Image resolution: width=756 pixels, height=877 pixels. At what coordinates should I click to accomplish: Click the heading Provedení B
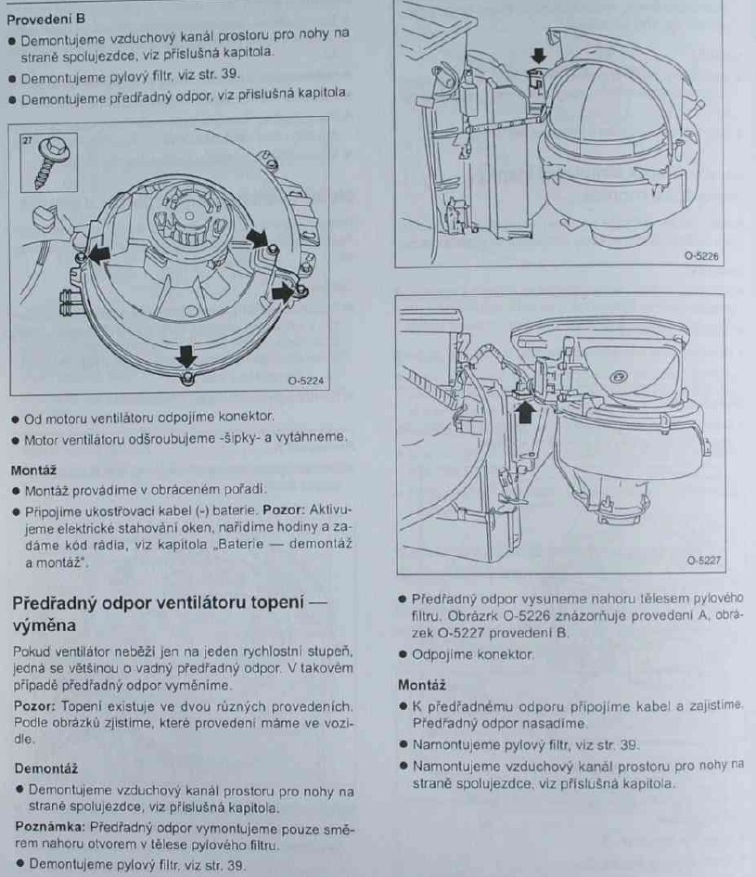(45, 19)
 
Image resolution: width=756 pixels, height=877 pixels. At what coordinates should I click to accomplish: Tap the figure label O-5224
(306, 380)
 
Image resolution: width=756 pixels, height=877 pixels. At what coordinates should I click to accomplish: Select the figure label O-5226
(701, 255)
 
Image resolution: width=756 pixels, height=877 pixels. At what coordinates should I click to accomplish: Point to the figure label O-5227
(703, 560)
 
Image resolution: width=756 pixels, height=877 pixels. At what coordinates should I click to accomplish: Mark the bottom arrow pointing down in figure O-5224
(186, 356)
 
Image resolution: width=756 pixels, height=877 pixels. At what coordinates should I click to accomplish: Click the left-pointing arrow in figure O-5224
(98, 255)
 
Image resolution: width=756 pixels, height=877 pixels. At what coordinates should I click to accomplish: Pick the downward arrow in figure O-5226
(539, 56)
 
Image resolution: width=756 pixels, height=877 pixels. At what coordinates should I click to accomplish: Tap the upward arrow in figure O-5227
(524, 413)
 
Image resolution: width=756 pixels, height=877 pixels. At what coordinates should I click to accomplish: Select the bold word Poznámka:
(50, 827)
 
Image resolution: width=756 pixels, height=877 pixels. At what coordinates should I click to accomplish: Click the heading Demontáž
(45, 768)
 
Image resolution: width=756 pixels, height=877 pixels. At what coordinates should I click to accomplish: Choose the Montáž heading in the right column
(422, 685)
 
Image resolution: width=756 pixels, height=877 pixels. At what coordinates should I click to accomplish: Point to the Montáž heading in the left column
(33, 470)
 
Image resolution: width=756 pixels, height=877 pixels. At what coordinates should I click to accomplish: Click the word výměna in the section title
(44, 626)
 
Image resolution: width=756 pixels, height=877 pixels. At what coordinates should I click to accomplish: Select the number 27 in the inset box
(27, 140)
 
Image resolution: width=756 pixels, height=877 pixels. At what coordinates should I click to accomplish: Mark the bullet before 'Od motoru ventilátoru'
(16, 419)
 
